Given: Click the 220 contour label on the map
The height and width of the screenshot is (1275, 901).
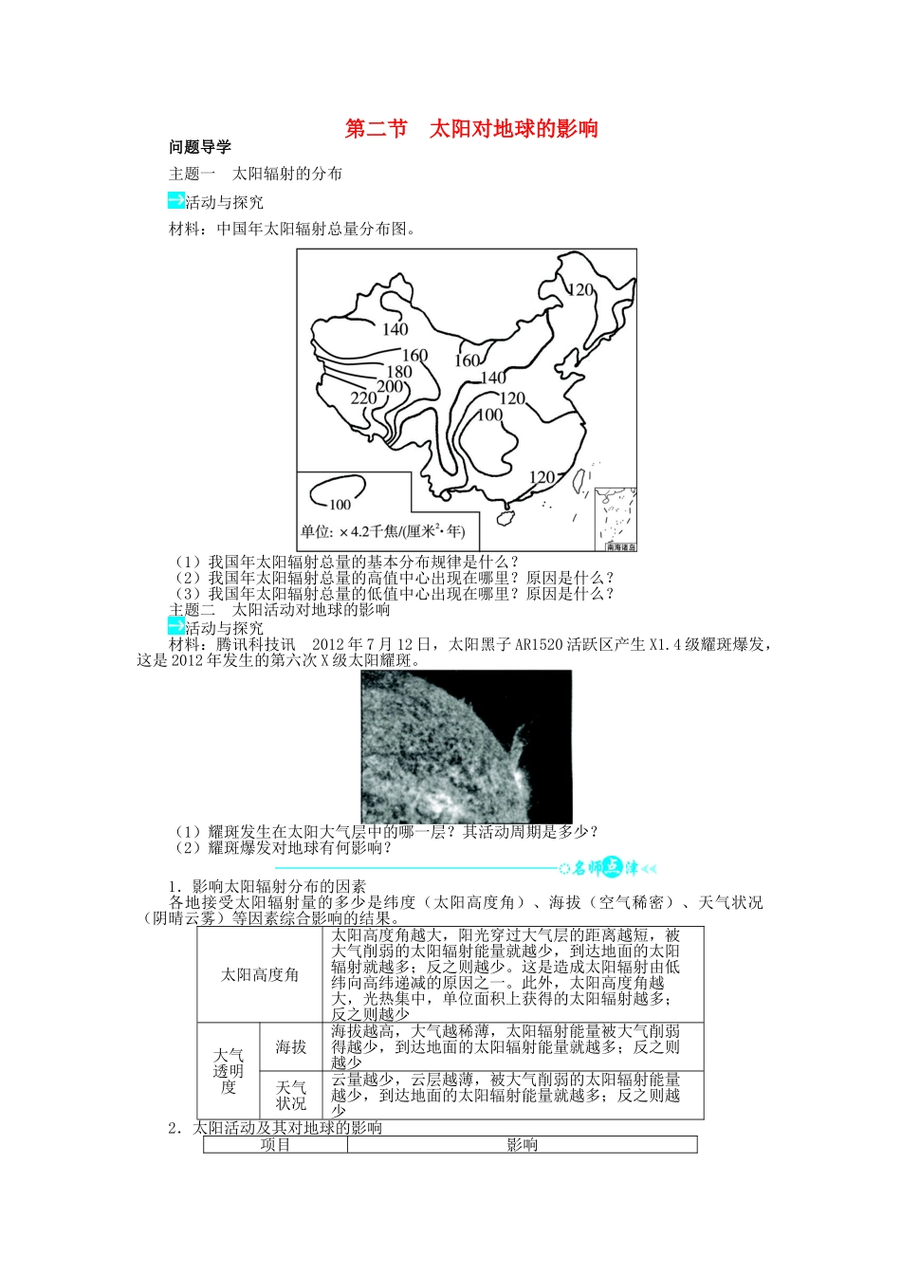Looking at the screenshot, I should click(x=363, y=398).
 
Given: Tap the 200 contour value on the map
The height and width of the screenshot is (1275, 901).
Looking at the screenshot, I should click(x=390, y=386).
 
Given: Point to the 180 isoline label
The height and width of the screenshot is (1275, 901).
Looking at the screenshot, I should click(x=399, y=372).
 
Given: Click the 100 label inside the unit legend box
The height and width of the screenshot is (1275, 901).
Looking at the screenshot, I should click(x=340, y=504).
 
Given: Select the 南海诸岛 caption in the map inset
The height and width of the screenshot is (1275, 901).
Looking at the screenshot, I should click(x=620, y=546).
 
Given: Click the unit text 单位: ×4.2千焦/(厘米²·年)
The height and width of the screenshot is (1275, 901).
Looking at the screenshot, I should click(x=383, y=531).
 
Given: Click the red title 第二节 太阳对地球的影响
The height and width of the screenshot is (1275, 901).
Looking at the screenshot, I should click(x=471, y=129).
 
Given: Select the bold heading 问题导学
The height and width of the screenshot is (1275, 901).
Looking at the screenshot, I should click(x=200, y=147).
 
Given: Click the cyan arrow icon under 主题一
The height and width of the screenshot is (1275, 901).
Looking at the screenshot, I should click(x=175, y=200).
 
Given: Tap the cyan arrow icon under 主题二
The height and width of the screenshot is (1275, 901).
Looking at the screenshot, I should click(x=175, y=626).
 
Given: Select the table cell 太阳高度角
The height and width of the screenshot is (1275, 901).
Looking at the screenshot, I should click(x=260, y=974).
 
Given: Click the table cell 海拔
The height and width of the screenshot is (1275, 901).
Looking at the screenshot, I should click(x=291, y=1046).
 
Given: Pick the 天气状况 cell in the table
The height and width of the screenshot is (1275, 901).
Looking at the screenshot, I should click(x=291, y=1095).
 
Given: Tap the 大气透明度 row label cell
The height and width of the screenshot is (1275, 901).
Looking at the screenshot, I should click(x=229, y=1070).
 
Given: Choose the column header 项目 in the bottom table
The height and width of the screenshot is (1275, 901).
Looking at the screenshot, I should click(x=275, y=1145).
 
